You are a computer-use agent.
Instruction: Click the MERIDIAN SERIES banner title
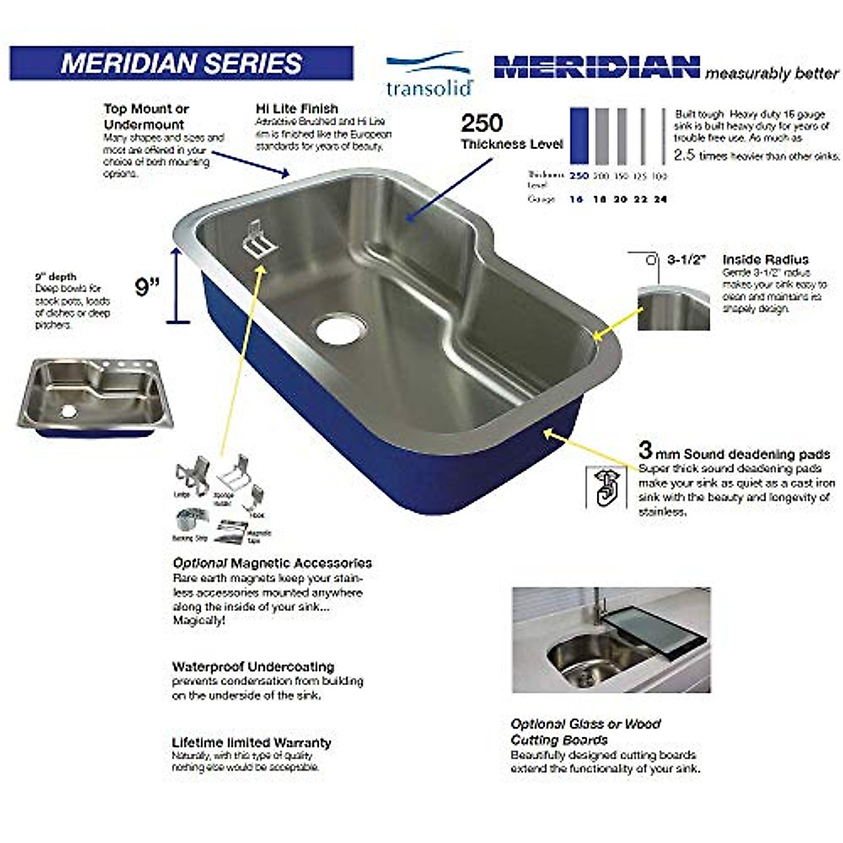pos(181,63)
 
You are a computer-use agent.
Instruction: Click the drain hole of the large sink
pos(341,328)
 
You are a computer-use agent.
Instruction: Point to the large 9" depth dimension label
pos(148,286)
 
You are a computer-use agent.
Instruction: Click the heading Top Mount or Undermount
pos(146,117)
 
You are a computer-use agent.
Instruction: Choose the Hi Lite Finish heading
pos(296,109)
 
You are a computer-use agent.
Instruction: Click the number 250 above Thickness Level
pos(482,124)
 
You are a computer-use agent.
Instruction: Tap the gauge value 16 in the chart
pos(576,200)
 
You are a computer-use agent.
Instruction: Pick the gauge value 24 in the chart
pos(660,200)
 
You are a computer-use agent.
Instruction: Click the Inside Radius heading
pos(765,259)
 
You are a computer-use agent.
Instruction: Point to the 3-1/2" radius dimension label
pos(685,259)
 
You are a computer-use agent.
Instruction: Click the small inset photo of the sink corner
pos(673,308)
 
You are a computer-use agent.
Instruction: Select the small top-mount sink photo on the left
pos(94,397)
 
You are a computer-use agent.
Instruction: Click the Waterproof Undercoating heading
pos(253,667)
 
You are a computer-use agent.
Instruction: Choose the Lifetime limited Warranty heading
pos(251,743)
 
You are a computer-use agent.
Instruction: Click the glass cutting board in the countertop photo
pos(653,632)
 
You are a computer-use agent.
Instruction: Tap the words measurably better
pos(772,73)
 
